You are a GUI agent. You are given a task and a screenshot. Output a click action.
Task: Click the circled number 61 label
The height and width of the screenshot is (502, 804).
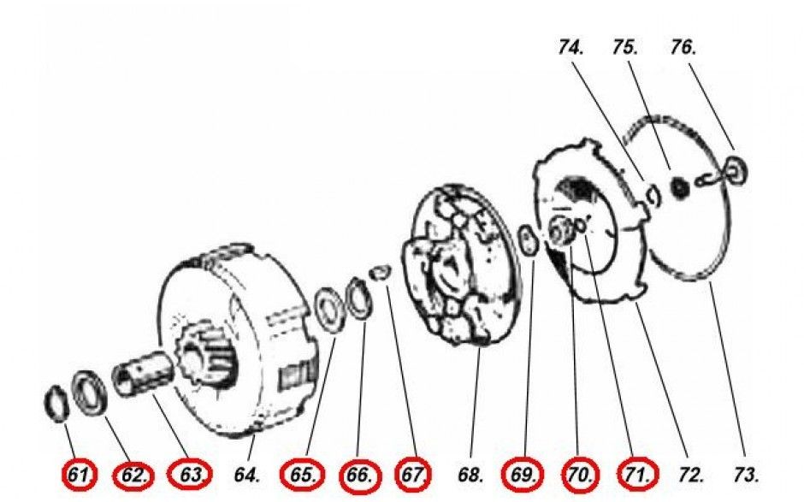pos(79,475)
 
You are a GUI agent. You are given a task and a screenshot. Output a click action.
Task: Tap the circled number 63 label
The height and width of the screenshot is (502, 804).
pos(190,475)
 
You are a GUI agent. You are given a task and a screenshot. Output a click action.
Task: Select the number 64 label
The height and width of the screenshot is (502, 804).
pos(246,475)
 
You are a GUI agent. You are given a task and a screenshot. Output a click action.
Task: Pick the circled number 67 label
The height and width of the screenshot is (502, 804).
pos(413,475)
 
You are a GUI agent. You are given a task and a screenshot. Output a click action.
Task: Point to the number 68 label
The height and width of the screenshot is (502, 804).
pos(470,475)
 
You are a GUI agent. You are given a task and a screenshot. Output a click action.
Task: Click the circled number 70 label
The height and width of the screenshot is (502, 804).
pos(581,475)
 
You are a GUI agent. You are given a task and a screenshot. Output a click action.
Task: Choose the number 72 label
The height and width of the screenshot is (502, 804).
pos(690,475)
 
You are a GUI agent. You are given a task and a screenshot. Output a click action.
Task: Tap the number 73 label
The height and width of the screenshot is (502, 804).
pos(746,475)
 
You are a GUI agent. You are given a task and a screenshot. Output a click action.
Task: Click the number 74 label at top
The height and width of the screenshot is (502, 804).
pos(571,48)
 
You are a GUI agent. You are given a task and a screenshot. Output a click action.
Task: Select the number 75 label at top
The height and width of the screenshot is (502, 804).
pos(625,48)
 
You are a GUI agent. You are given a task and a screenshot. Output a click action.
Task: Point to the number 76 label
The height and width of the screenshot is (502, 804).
pos(683,48)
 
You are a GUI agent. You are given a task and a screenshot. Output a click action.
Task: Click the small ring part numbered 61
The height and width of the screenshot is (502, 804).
pos(56,403)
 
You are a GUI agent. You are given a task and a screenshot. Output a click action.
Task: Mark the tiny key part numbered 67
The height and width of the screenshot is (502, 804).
pos(381,272)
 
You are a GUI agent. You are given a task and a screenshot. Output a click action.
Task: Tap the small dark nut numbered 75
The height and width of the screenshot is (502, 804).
pos(680,187)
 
